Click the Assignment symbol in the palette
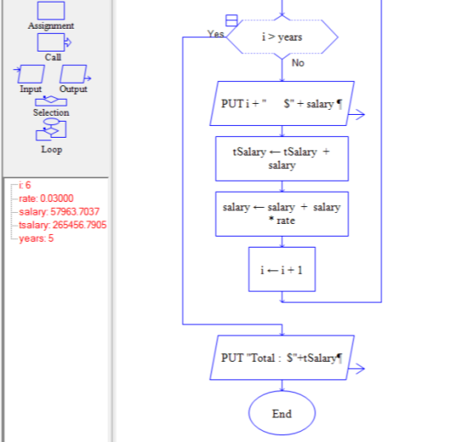[x=51, y=11]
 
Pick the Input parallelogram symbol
[x=30, y=74]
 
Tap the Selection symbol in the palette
[x=51, y=101]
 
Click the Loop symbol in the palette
[x=51, y=130]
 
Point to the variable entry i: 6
[x=24, y=185]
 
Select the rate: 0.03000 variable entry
[x=46, y=199]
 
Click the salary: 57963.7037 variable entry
[x=59, y=211]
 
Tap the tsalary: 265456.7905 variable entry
[x=63, y=225]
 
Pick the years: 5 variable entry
[x=35, y=238]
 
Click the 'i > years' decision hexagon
[x=282, y=37]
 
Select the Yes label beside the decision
[x=215, y=34]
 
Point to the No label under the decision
[x=297, y=63]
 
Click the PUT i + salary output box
[x=282, y=104]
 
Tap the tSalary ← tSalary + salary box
[x=282, y=159]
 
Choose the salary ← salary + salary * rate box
[x=282, y=214]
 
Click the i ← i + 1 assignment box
[x=282, y=270]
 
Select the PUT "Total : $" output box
[x=282, y=357]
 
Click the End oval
[x=282, y=413]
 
